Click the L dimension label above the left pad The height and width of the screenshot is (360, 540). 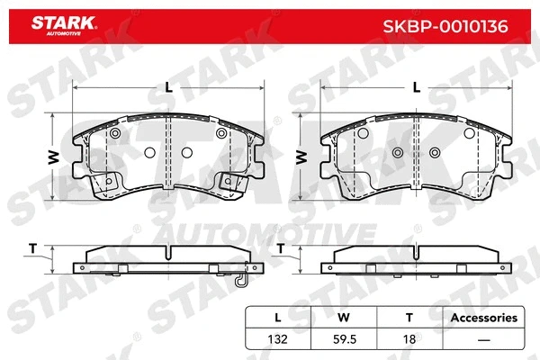coord(168,87)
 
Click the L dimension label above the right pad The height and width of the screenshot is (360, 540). coord(415,87)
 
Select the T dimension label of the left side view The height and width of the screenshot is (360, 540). coord(33,247)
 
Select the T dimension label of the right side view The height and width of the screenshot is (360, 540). coord(281,247)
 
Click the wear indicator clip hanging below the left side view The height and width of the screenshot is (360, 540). coord(240,281)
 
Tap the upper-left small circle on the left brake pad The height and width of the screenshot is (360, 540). coord(114,135)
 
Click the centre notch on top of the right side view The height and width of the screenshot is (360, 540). coord(416,249)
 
